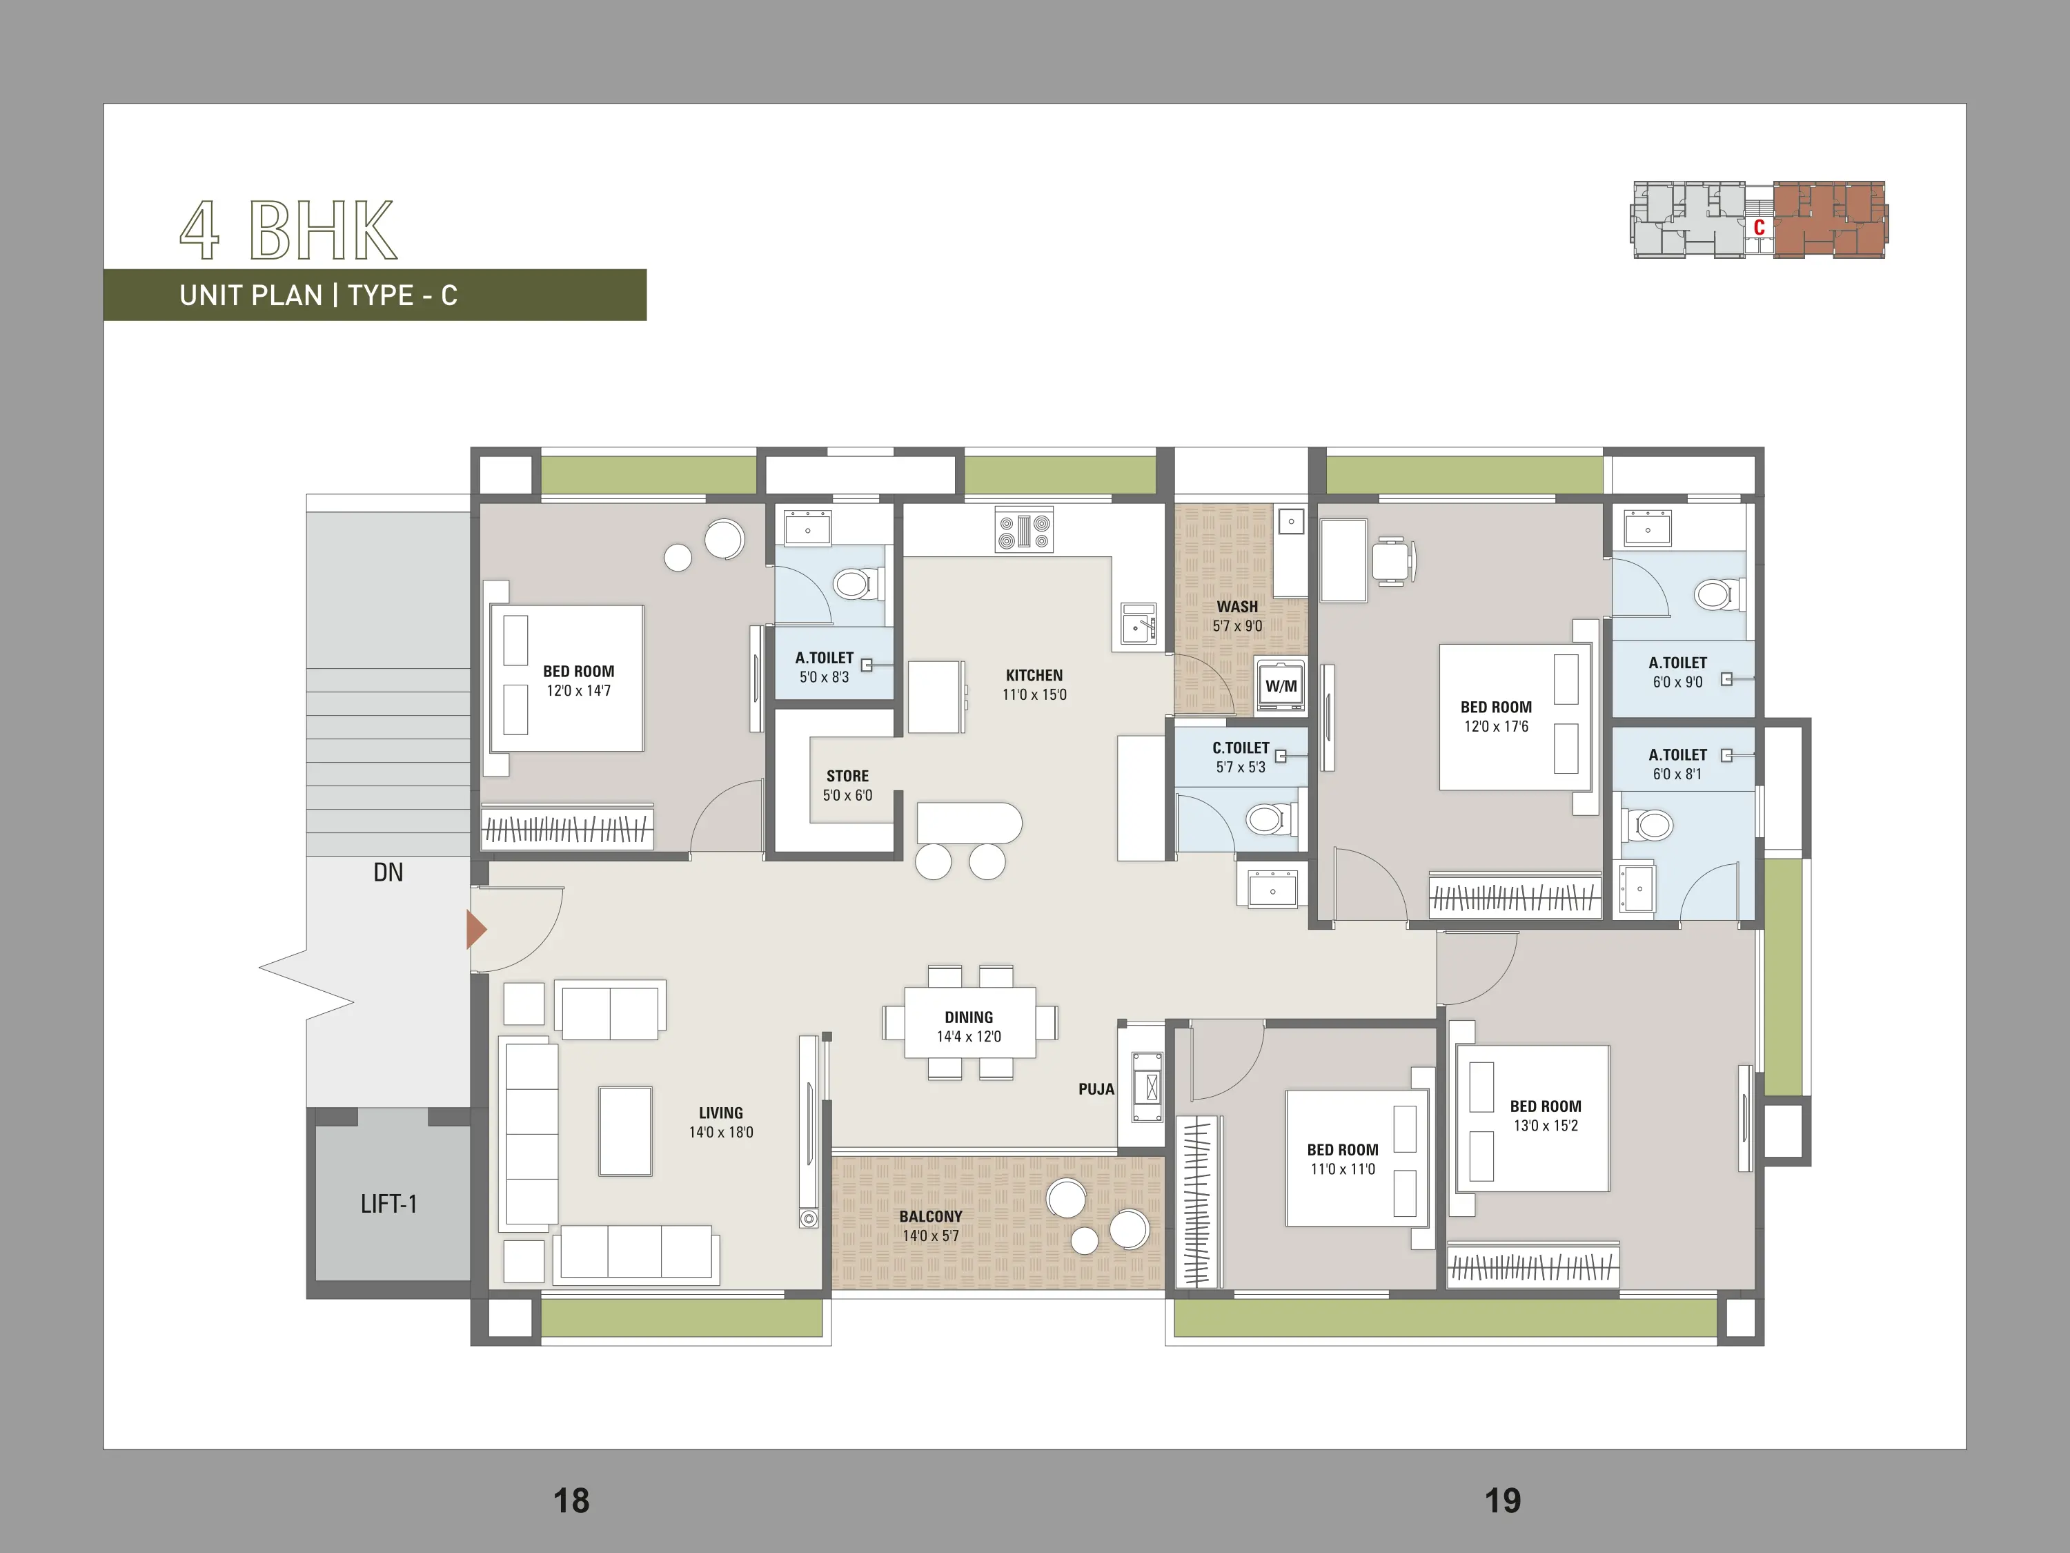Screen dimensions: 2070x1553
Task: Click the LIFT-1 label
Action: pos(388,1204)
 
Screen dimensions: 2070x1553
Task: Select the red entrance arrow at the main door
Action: pos(476,930)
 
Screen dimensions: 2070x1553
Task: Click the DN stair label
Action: pos(388,872)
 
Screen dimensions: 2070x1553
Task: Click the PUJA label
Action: pos(1096,1088)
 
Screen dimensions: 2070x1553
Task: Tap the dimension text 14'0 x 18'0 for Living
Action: pos(720,1132)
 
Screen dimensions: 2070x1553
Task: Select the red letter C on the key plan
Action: pos(1759,228)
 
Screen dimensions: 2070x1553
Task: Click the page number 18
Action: pos(571,1501)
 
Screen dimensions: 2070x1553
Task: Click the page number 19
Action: pos(1503,1501)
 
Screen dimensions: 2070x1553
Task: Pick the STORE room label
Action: pos(848,776)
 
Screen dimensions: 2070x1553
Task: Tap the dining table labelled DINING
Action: pos(969,1022)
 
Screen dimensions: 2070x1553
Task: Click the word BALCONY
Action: pos(930,1216)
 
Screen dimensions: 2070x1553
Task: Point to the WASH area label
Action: pos(1237,607)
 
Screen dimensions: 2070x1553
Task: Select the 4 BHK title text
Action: pos(288,231)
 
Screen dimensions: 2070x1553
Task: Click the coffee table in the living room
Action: pos(625,1131)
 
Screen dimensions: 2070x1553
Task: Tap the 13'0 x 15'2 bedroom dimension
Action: pos(1546,1125)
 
